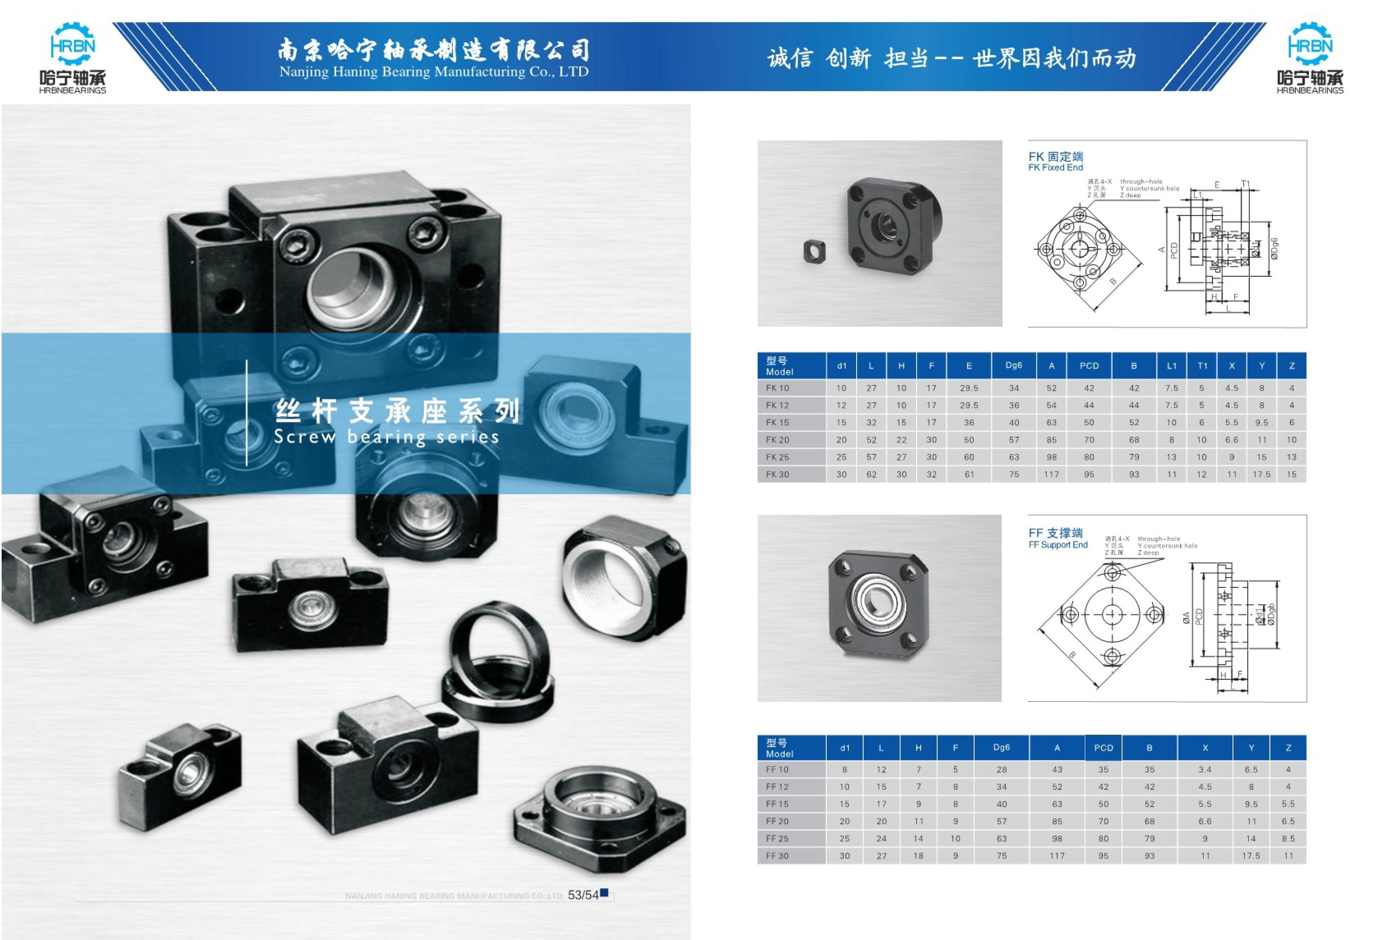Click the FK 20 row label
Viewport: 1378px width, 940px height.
(777, 440)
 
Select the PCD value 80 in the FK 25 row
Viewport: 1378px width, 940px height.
(1089, 457)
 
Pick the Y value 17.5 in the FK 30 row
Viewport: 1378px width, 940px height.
(1261, 474)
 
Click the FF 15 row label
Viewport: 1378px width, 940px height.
(777, 804)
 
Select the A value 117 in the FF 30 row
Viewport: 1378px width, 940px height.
(1057, 856)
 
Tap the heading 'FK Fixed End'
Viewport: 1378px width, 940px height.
(1055, 168)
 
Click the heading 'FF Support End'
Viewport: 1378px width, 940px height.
(1058, 545)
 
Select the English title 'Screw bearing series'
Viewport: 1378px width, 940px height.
(386, 437)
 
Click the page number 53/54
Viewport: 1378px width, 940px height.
(583, 895)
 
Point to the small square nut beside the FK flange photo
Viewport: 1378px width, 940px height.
(814, 251)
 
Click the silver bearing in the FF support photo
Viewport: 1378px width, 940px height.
(879, 605)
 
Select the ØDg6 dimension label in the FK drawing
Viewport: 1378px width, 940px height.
(1274, 249)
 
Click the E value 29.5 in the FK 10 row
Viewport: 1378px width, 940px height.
(969, 388)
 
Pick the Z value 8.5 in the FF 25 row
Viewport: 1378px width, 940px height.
(1288, 839)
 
